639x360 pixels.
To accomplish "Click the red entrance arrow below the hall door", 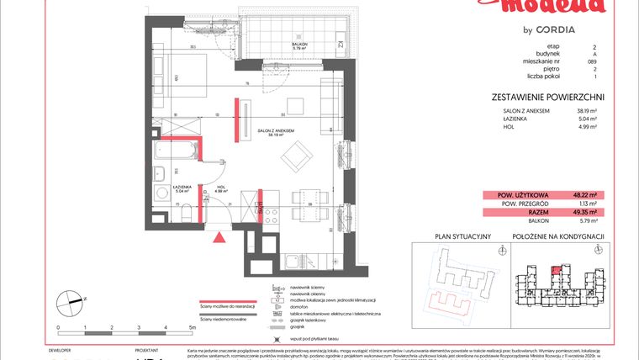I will [219, 239].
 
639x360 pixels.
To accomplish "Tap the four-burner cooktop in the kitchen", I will [271, 216].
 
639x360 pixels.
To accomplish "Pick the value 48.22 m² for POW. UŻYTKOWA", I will [583, 193].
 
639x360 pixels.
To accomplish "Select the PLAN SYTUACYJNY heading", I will [452, 237].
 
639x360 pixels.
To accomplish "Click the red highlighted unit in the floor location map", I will [556, 271].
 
